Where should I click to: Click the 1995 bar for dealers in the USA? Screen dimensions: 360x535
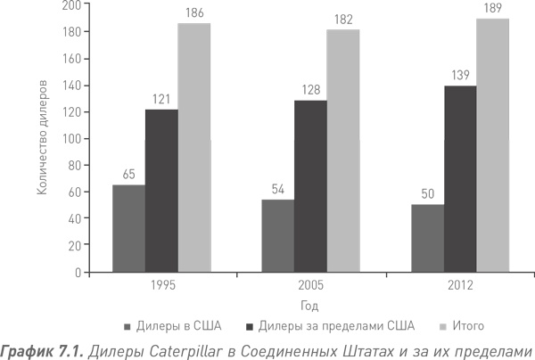(128, 228)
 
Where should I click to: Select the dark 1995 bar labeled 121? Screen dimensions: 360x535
(161, 191)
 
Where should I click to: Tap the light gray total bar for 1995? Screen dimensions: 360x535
(193, 147)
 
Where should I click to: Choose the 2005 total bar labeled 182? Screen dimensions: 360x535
(343, 150)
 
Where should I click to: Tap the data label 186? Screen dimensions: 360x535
(193, 14)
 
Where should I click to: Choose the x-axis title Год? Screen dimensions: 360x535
(310, 304)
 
